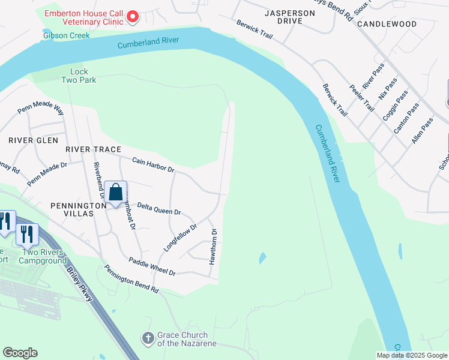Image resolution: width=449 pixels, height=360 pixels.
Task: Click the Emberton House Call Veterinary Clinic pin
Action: [132, 17]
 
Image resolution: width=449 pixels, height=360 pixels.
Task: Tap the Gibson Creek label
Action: [66, 35]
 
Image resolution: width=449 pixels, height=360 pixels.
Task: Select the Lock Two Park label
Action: [79, 76]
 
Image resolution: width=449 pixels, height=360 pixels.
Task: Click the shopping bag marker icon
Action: [116, 193]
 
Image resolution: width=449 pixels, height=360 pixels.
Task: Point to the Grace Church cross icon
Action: [148, 338]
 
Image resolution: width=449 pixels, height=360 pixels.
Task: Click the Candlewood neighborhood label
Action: [387, 24]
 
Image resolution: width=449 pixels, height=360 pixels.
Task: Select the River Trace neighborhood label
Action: [93, 149]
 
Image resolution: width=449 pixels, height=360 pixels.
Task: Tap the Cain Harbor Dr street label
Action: [152, 165]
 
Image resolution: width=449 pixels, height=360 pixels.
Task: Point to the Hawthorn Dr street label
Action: [212, 246]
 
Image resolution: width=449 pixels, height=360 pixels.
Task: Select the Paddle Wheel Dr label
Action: [152, 266]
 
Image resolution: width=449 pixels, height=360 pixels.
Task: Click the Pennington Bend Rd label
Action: [131, 280]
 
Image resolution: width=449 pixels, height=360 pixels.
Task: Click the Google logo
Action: [20, 353]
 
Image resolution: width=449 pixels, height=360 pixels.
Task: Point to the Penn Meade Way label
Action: [41, 109]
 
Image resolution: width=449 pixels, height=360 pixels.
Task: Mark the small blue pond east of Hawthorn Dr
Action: [262, 259]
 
